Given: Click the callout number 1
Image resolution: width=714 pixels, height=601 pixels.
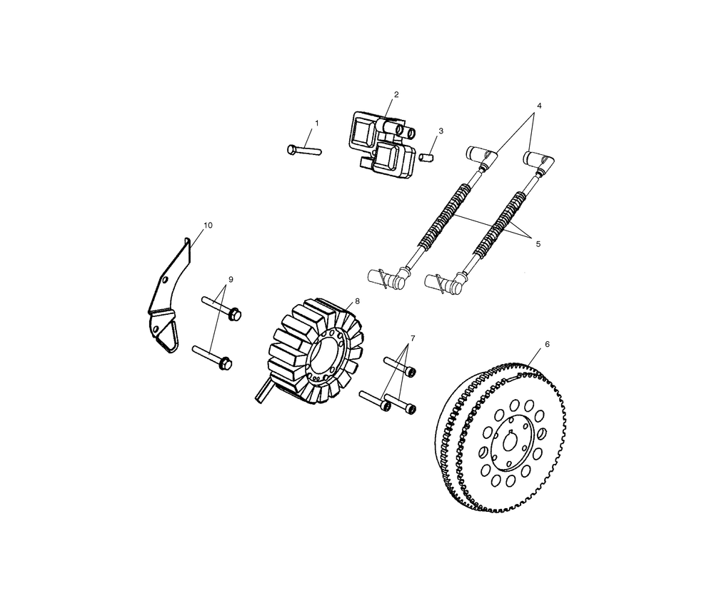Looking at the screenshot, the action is pyautogui.click(x=317, y=123).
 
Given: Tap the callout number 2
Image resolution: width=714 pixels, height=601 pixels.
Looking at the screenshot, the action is pyautogui.click(x=396, y=95).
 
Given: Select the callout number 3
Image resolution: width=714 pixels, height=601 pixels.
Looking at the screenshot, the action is pyautogui.click(x=441, y=131).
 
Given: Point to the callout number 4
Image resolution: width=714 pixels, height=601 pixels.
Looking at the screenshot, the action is pyautogui.click(x=539, y=106).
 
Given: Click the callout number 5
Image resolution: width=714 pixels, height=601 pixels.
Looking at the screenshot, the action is pyautogui.click(x=538, y=244).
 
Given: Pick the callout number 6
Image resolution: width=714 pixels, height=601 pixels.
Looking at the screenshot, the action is pyautogui.click(x=547, y=344).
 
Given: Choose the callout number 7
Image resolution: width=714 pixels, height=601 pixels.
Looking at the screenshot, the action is pyautogui.click(x=413, y=338).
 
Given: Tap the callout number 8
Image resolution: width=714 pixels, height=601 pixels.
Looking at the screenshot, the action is pyautogui.click(x=357, y=301).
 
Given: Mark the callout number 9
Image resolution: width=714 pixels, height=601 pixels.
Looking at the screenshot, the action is pyautogui.click(x=231, y=279).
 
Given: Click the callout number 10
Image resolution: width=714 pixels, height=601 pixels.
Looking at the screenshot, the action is pyautogui.click(x=208, y=226).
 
